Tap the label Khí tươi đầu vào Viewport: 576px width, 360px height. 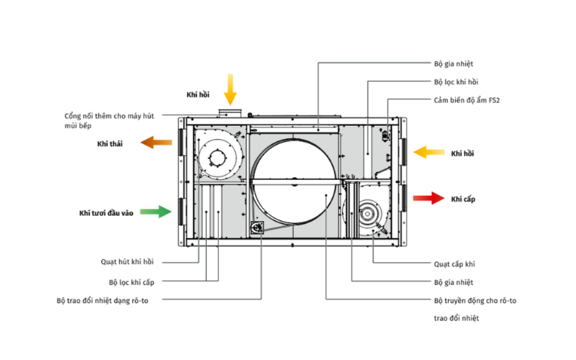coord(106,213)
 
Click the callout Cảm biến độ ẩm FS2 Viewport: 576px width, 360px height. coord(467,100)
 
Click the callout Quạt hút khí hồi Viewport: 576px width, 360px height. coord(127,262)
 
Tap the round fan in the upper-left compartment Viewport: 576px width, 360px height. coord(214,155)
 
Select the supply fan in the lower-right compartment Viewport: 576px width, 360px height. coord(369,215)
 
